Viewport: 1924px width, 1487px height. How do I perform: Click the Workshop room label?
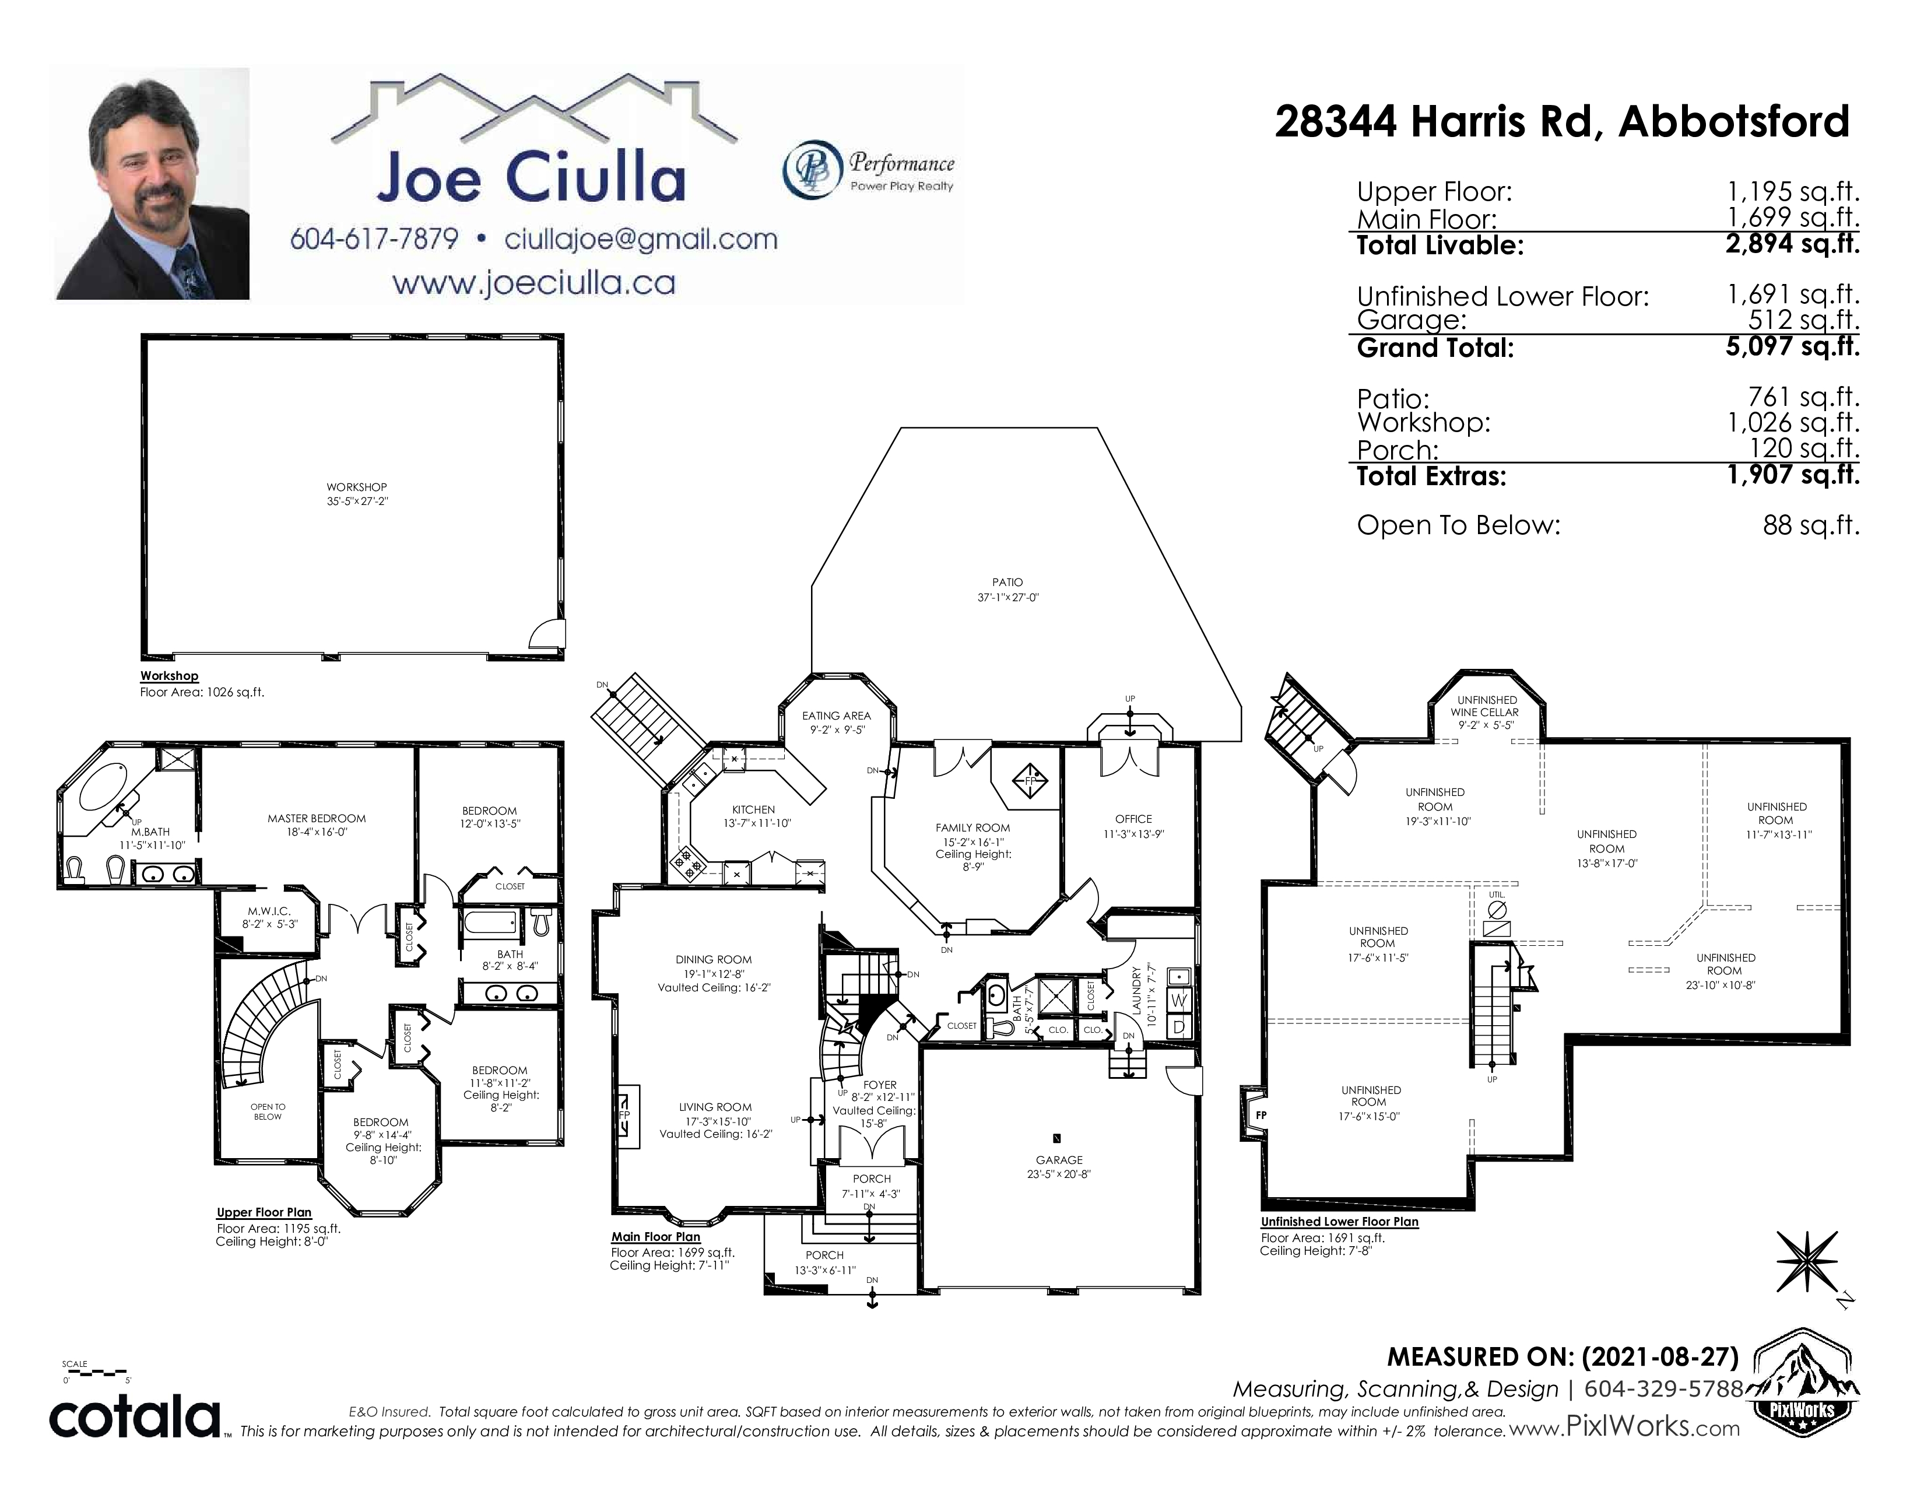tap(357, 487)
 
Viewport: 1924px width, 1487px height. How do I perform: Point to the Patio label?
tap(1007, 583)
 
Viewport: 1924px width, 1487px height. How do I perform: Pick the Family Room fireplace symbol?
tap(1031, 780)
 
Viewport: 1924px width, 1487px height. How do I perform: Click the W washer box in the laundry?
tap(1179, 1000)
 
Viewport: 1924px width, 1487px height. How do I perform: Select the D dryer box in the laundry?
tap(1179, 1026)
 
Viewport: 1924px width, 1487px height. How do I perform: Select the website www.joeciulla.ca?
tap(534, 283)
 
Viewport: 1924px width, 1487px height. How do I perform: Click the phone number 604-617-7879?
tap(374, 239)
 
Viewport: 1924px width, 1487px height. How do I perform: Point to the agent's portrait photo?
tap(152, 184)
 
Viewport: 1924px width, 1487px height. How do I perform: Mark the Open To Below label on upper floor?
tap(268, 1111)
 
